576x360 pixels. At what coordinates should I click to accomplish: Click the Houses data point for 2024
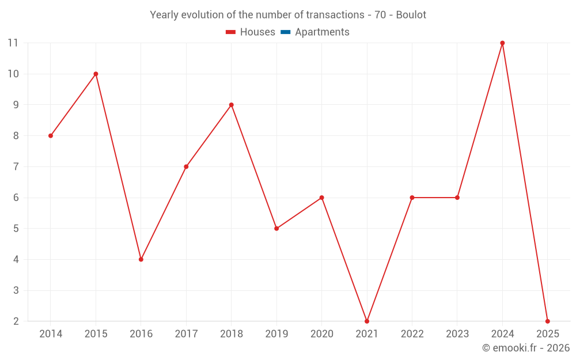click(x=502, y=43)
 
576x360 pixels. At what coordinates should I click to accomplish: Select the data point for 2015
click(x=96, y=74)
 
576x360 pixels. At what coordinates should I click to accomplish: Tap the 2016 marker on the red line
click(x=141, y=259)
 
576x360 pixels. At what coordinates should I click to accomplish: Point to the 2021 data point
click(x=367, y=321)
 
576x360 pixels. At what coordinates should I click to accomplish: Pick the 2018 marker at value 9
click(x=232, y=105)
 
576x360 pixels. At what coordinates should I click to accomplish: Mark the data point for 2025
click(x=547, y=321)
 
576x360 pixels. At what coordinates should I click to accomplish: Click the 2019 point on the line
click(x=276, y=228)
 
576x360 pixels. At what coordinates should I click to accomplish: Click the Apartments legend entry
click(x=322, y=32)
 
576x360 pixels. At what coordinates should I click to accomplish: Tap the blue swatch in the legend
click(x=285, y=32)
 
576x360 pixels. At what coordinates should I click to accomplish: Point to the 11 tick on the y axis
click(x=13, y=43)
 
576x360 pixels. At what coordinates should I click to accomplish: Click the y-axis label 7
click(x=16, y=166)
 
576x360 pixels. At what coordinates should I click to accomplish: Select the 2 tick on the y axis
click(x=16, y=321)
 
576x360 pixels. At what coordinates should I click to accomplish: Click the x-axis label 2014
click(x=51, y=334)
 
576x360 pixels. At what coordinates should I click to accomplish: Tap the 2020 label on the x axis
click(x=321, y=334)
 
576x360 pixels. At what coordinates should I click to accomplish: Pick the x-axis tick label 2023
click(x=457, y=334)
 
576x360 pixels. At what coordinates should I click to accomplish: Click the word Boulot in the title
click(x=411, y=15)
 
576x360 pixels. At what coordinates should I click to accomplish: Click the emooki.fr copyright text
click(x=526, y=348)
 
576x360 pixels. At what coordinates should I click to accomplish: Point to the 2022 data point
click(x=412, y=198)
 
